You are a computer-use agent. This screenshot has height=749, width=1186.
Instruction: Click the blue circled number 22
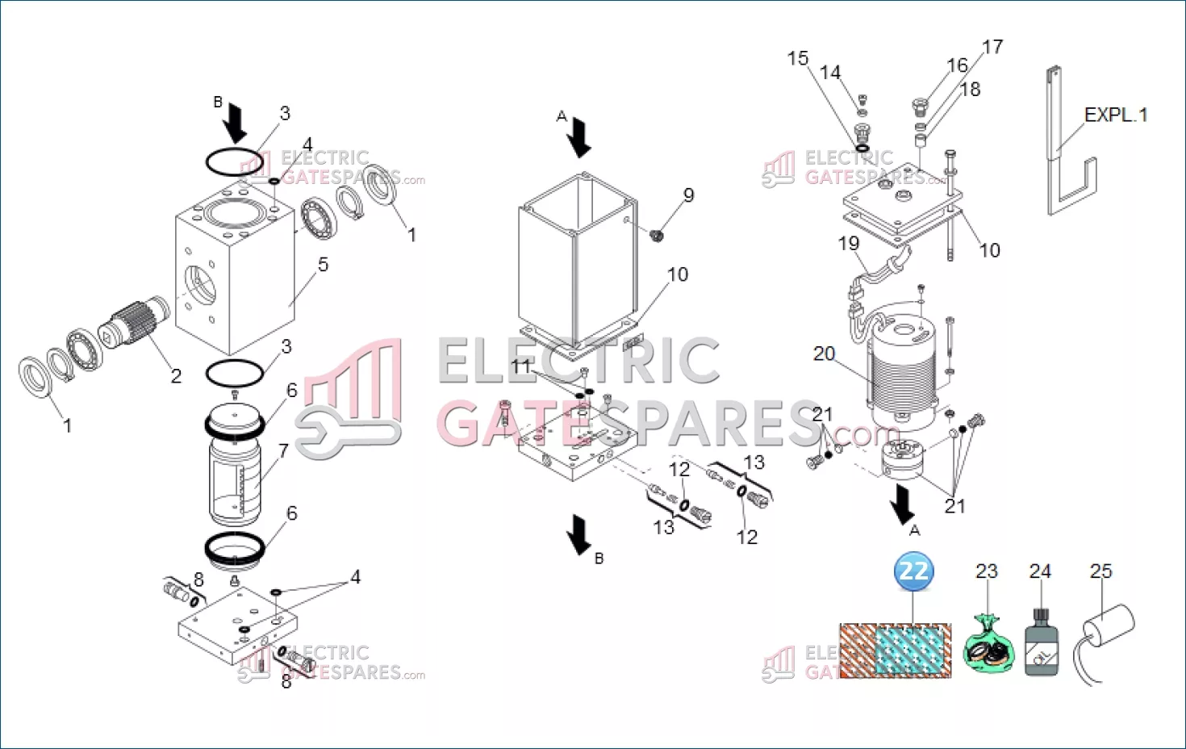click(913, 571)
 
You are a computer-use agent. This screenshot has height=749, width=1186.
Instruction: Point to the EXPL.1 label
click(1116, 115)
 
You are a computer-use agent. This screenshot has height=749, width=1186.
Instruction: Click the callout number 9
click(688, 195)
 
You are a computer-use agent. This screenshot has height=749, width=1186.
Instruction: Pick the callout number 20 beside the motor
click(825, 354)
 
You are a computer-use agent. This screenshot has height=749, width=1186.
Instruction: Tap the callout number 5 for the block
click(323, 264)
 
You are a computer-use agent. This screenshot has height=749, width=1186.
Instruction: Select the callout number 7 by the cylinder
click(283, 451)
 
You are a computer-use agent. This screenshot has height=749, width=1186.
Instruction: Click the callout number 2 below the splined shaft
click(177, 375)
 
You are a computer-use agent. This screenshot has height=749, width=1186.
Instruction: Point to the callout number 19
click(849, 243)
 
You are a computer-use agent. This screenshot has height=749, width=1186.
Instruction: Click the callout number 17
click(992, 47)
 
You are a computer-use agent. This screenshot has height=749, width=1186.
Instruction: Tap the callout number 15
click(798, 58)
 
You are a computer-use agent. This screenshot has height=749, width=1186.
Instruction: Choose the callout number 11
click(521, 366)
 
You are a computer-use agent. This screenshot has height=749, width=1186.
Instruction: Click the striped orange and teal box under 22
click(896, 651)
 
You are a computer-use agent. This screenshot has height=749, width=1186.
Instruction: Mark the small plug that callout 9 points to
click(657, 235)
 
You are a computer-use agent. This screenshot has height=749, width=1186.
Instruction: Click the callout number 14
click(830, 72)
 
